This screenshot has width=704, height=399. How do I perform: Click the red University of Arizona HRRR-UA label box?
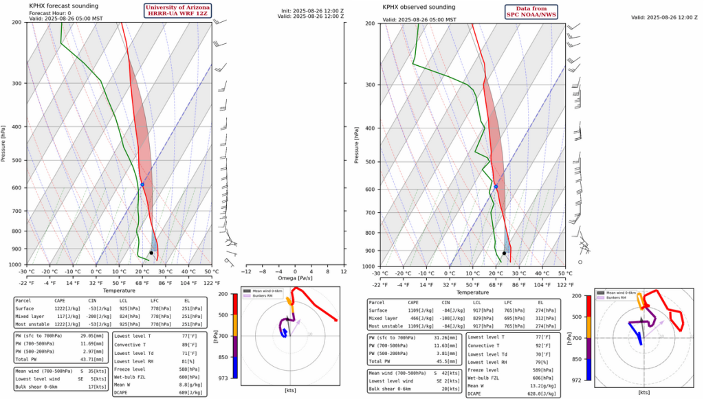point(176,11)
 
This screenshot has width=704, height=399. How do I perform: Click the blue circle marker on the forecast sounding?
point(142,184)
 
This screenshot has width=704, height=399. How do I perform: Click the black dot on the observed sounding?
point(504,253)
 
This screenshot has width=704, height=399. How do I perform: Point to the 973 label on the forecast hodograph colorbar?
point(225,376)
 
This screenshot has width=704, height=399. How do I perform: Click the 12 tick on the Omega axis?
point(344,271)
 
